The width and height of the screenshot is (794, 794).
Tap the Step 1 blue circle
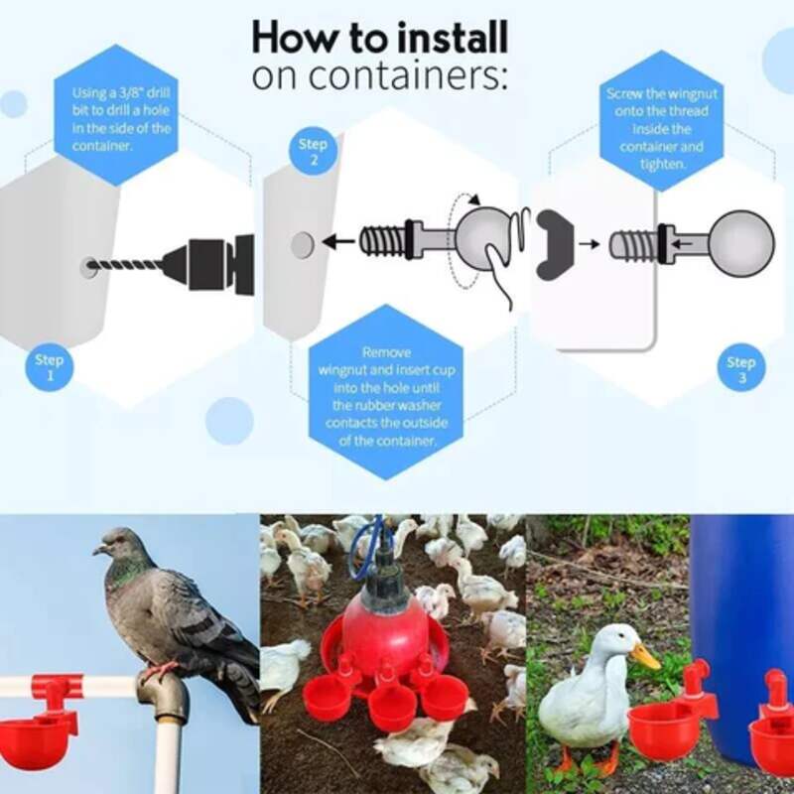coord(49,367)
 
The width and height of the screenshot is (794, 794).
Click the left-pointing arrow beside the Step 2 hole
coord(342,241)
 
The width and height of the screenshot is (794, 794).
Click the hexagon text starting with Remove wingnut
coord(386,395)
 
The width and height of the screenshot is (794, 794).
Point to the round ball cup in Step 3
coord(742,240)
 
